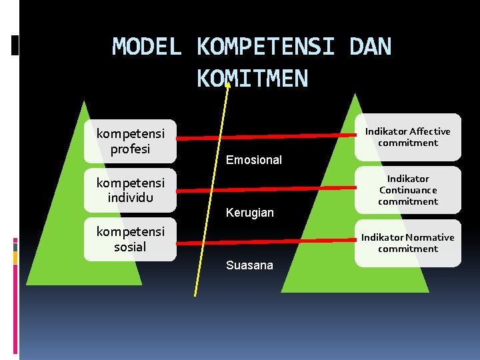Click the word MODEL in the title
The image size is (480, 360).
[x=147, y=47]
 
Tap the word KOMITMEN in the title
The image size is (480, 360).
[x=252, y=79]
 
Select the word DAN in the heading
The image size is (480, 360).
[x=370, y=47]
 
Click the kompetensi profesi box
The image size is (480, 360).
[x=130, y=141]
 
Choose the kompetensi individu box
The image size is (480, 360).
[x=130, y=190]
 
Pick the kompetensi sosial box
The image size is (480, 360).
[x=130, y=239]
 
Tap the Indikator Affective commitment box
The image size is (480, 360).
[x=408, y=137]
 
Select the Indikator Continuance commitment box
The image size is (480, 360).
[x=408, y=190]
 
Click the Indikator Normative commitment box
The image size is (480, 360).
[x=408, y=243]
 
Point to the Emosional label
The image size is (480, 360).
[x=254, y=160]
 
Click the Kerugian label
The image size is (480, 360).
[x=250, y=213]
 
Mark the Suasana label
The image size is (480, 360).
[x=249, y=265]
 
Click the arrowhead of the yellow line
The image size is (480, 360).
[x=228, y=84]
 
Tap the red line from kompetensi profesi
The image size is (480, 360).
[x=267, y=138]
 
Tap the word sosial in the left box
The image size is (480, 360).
[x=130, y=247]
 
